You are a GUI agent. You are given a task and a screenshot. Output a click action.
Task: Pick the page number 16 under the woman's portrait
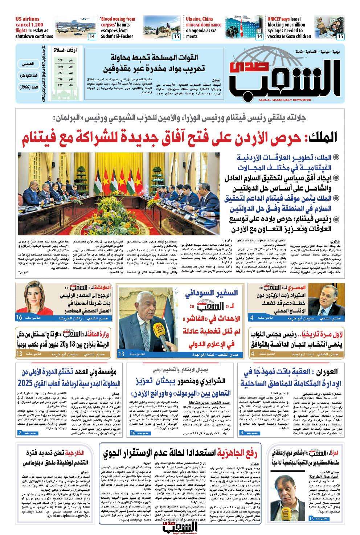coord(19,318)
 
